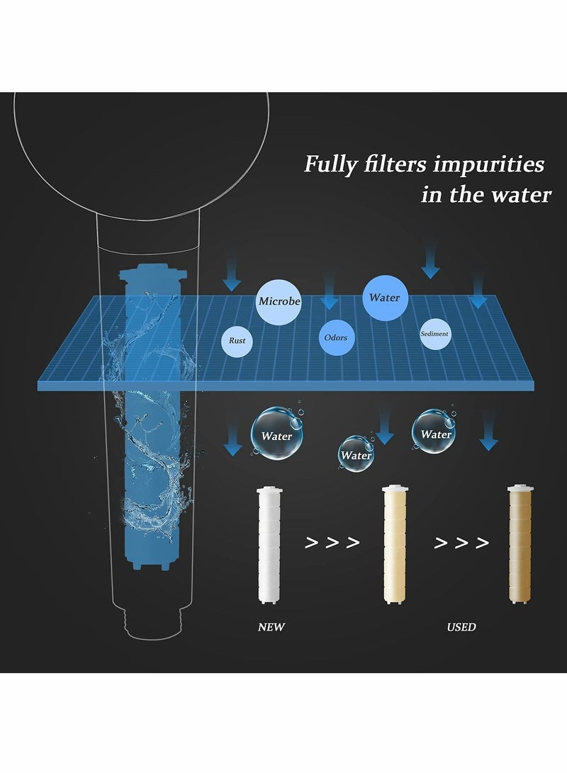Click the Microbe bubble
click(x=279, y=301)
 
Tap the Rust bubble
click(x=237, y=341)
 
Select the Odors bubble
click(x=335, y=337)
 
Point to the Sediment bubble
click(x=434, y=334)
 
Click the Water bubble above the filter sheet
click(x=384, y=298)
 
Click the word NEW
click(x=271, y=627)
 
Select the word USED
click(x=461, y=627)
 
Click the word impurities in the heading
click(x=488, y=164)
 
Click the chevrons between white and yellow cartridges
click(x=332, y=543)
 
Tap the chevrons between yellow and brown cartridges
click(x=461, y=543)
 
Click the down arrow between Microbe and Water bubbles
click(x=329, y=293)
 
